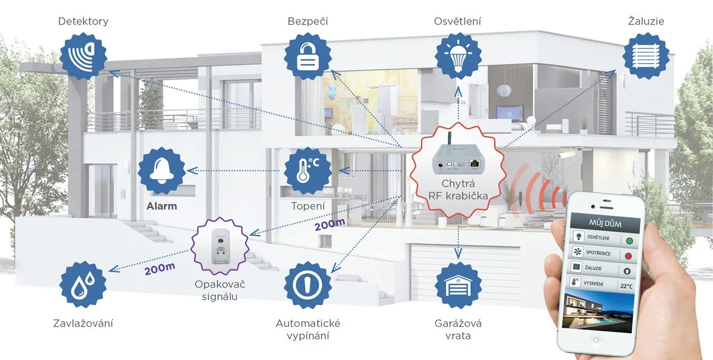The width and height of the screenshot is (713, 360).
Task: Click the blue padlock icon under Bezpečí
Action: [307, 56]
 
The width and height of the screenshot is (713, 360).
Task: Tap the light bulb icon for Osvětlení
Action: [458, 56]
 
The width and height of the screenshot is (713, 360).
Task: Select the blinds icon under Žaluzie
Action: [646, 56]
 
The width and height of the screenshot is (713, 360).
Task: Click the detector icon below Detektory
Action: [83, 56]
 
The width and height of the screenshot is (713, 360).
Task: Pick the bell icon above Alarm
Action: [162, 171]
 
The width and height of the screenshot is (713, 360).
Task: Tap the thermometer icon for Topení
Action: [307, 171]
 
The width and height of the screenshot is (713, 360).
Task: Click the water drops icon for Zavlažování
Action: [83, 285]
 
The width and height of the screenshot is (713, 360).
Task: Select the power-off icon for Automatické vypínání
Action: [307, 285]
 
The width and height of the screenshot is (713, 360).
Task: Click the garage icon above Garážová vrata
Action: [458, 285]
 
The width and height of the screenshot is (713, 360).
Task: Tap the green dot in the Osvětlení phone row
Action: [629, 241]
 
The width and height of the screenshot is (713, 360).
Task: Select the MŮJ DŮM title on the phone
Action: [605, 223]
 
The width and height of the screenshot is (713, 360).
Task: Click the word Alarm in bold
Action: [162, 206]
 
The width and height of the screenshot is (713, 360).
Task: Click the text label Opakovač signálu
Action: [220, 290]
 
